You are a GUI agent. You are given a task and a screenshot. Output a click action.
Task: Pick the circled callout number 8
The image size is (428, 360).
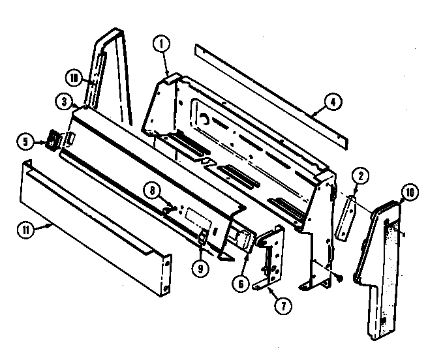(x=151, y=191)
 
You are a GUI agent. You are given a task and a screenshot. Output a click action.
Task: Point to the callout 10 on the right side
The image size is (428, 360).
(x=410, y=192)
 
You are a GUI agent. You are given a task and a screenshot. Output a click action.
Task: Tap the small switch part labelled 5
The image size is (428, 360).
(x=52, y=140)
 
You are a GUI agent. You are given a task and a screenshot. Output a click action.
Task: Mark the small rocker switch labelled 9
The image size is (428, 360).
(x=203, y=237)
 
